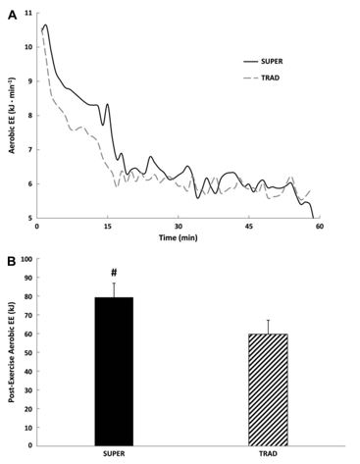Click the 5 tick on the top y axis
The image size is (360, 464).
click(x=29, y=218)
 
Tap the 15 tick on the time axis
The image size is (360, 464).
click(x=107, y=227)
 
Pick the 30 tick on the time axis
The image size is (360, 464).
click(x=178, y=227)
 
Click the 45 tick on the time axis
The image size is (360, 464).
click(x=249, y=227)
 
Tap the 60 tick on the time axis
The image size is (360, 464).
click(x=320, y=227)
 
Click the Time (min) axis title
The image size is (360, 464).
click(x=178, y=237)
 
